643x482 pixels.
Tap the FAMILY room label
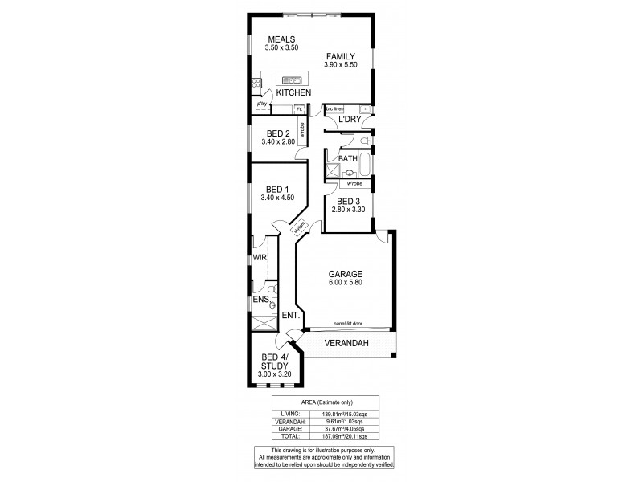click(341, 56)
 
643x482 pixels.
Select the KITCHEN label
click(293, 93)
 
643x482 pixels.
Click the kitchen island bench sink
click(290, 80)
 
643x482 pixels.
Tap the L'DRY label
click(350, 120)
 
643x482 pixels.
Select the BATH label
click(347, 159)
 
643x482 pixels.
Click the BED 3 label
click(348, 202)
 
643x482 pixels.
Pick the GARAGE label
click(345, 274)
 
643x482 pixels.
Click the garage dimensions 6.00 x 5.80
click(345, 283)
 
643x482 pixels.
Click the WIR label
click(259, 258)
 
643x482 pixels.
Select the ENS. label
click(259, 300)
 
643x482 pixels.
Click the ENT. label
click(291, 316)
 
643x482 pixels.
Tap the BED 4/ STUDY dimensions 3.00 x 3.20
click(274, 374)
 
